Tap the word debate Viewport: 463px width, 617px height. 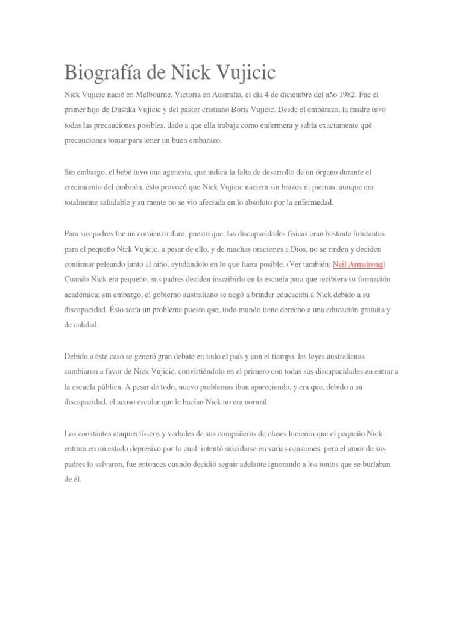pos(180,356)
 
